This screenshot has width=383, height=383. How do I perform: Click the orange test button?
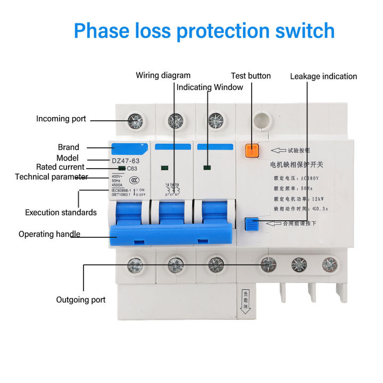[x=251, y=150]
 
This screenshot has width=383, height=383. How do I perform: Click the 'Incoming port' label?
[x=61, y=119]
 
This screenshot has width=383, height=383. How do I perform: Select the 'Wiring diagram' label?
[x=163, y=76]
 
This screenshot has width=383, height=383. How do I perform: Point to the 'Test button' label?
[x=251, y=76]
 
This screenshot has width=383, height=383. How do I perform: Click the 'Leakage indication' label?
[x=323, y=76]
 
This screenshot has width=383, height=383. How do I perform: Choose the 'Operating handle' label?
[x=49, y=234]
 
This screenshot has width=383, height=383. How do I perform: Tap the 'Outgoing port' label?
[x=81, y=300]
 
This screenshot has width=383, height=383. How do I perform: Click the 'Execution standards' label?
[x=61, y=212]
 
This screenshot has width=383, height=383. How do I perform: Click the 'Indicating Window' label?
[x=210, y=87]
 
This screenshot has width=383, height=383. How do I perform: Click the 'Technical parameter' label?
[x=51, y=177]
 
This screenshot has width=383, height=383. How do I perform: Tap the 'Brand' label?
[x=68, y=147]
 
